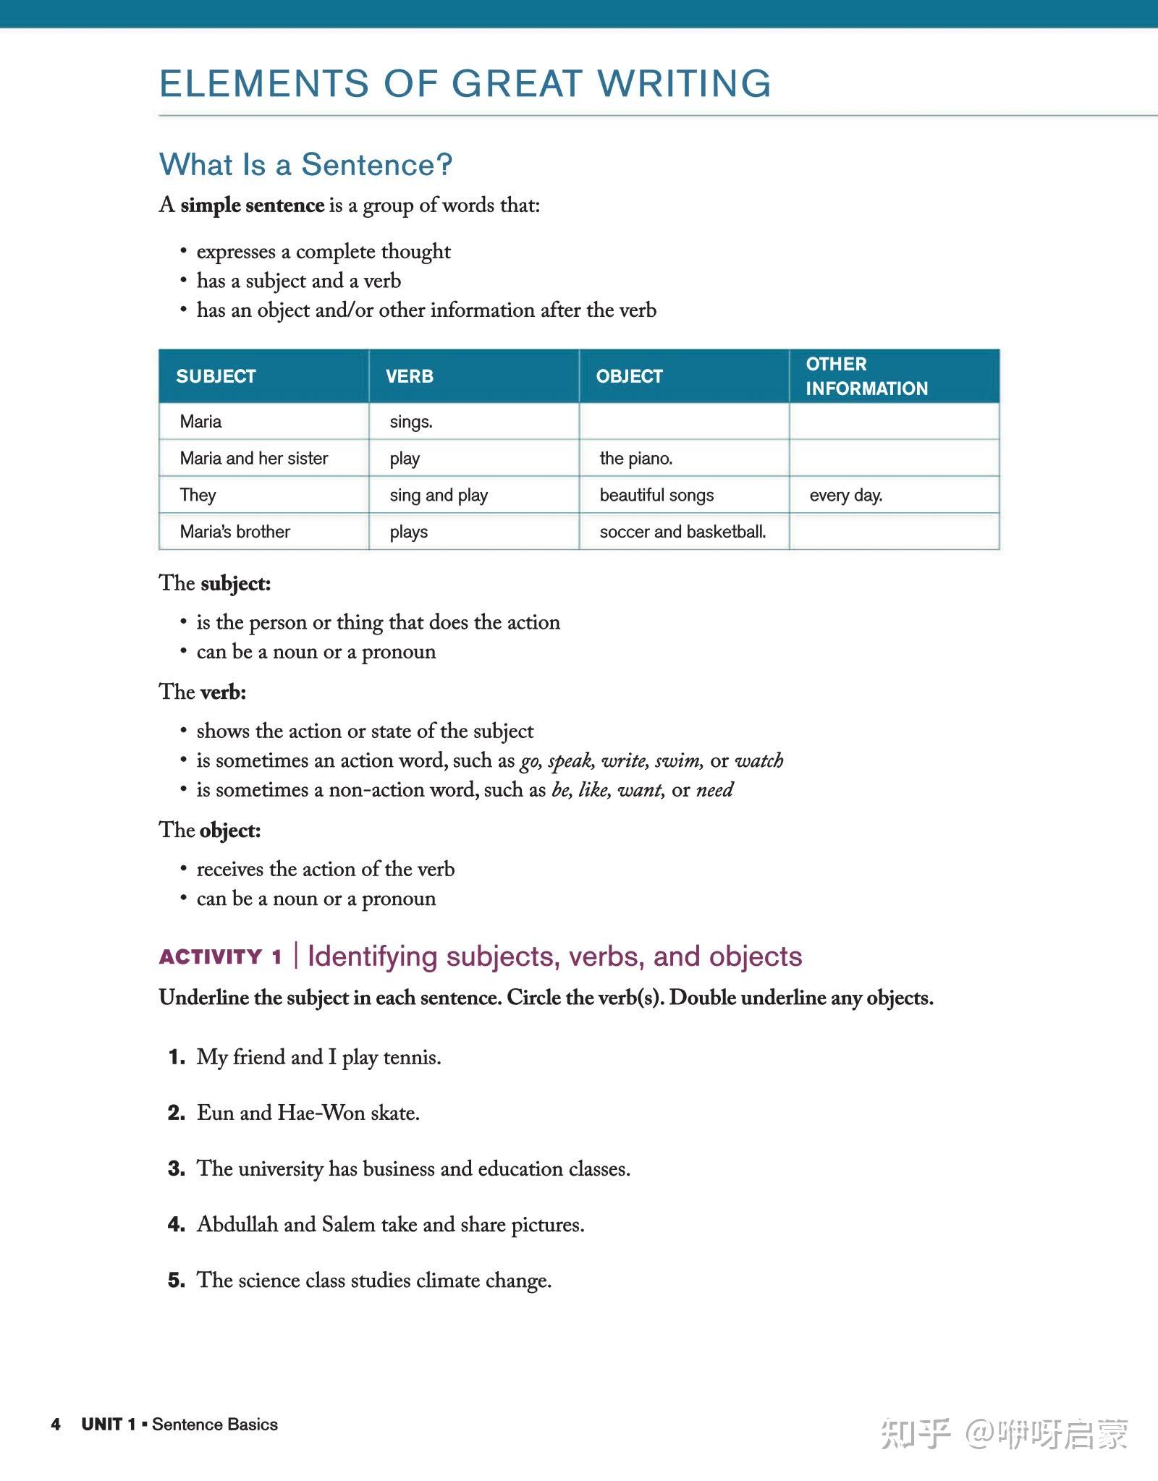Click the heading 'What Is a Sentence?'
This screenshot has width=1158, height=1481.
point(305,165)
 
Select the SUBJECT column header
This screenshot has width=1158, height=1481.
point(216,376)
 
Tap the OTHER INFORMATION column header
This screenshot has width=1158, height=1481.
point(866,376)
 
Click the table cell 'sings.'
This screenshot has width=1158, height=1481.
point(411,422)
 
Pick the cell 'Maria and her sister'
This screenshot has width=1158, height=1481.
point(254,459)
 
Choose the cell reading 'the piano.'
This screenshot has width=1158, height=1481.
point(635,459)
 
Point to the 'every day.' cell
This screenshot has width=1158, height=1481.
point(845,496)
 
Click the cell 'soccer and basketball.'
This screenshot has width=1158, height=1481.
point(682,532)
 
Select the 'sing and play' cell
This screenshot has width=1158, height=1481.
point(439,496)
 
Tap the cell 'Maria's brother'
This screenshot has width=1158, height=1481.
point(234,532)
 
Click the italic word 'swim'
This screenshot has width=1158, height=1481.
point(677,761)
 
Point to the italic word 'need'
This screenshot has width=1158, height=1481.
point(714,790)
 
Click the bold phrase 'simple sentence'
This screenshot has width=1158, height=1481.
point(252,205)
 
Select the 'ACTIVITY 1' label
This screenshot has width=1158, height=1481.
point(220,957)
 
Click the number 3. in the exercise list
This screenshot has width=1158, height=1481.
point(177,1168)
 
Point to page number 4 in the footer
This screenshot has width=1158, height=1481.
point(56,1424)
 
